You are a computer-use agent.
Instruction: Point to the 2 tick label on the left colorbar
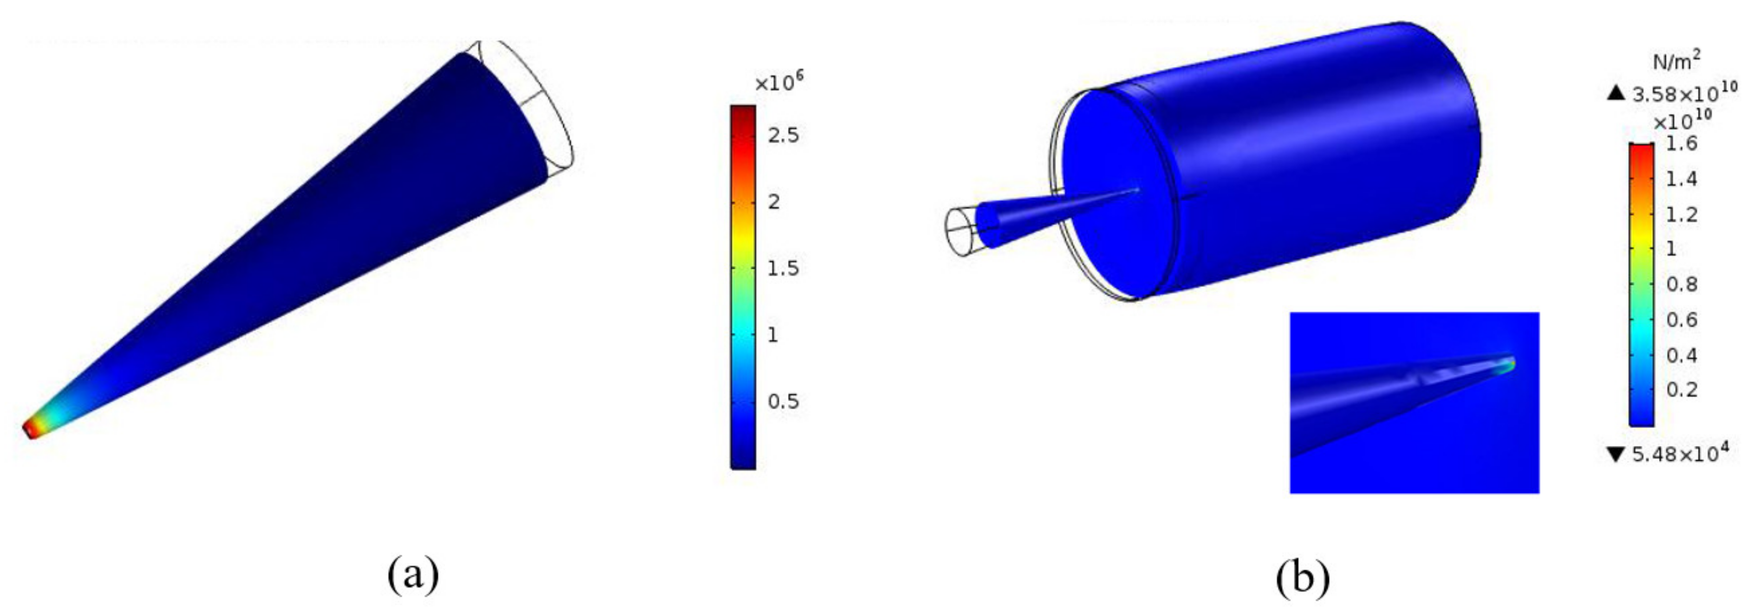774,202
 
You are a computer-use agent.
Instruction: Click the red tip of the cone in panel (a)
30,430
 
